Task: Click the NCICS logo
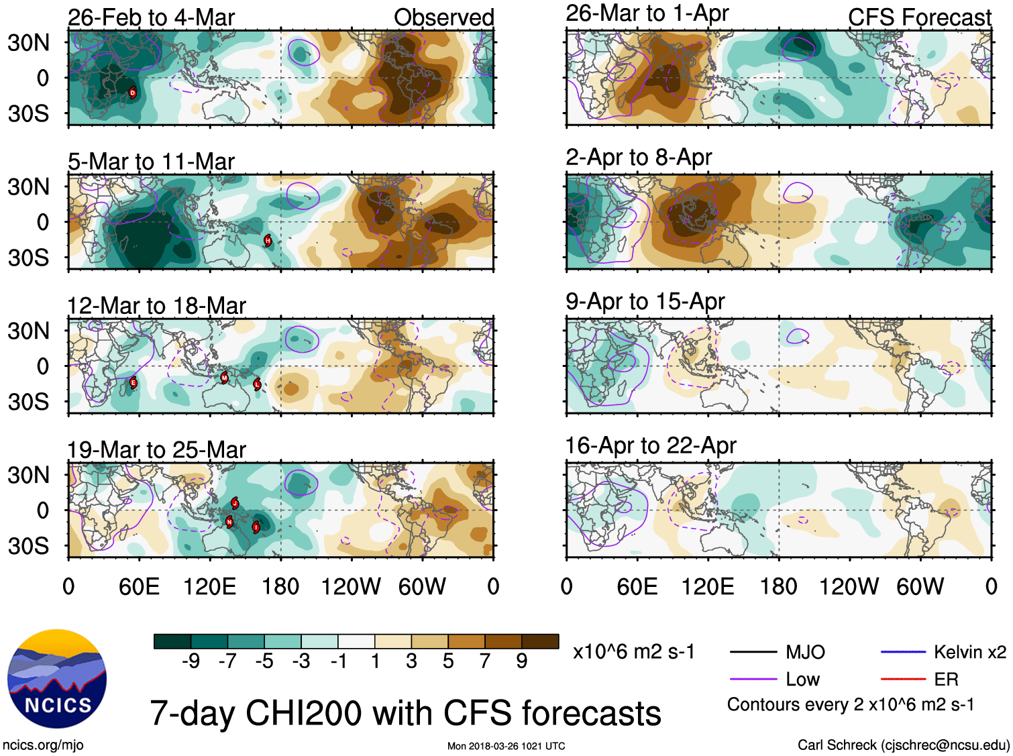(57, 678)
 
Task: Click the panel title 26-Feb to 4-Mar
(151, 17)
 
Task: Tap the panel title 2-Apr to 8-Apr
(638, 157)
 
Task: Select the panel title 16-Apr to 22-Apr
(651, 445)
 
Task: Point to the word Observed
(443, 17)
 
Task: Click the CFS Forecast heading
(919, 17)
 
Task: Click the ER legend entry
(946, 680)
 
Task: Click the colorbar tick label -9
(191, 661)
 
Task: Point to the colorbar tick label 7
(485, 661)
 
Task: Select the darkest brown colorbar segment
(540, 641)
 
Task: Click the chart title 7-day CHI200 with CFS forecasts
(405, 712)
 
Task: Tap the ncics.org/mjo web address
(43, 745)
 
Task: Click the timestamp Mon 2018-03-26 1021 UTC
(506, 746)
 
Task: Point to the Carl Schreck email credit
(903, 745)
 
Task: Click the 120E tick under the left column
(209, 587)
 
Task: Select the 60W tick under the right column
(920, 587)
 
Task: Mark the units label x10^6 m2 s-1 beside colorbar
(633, 652)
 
